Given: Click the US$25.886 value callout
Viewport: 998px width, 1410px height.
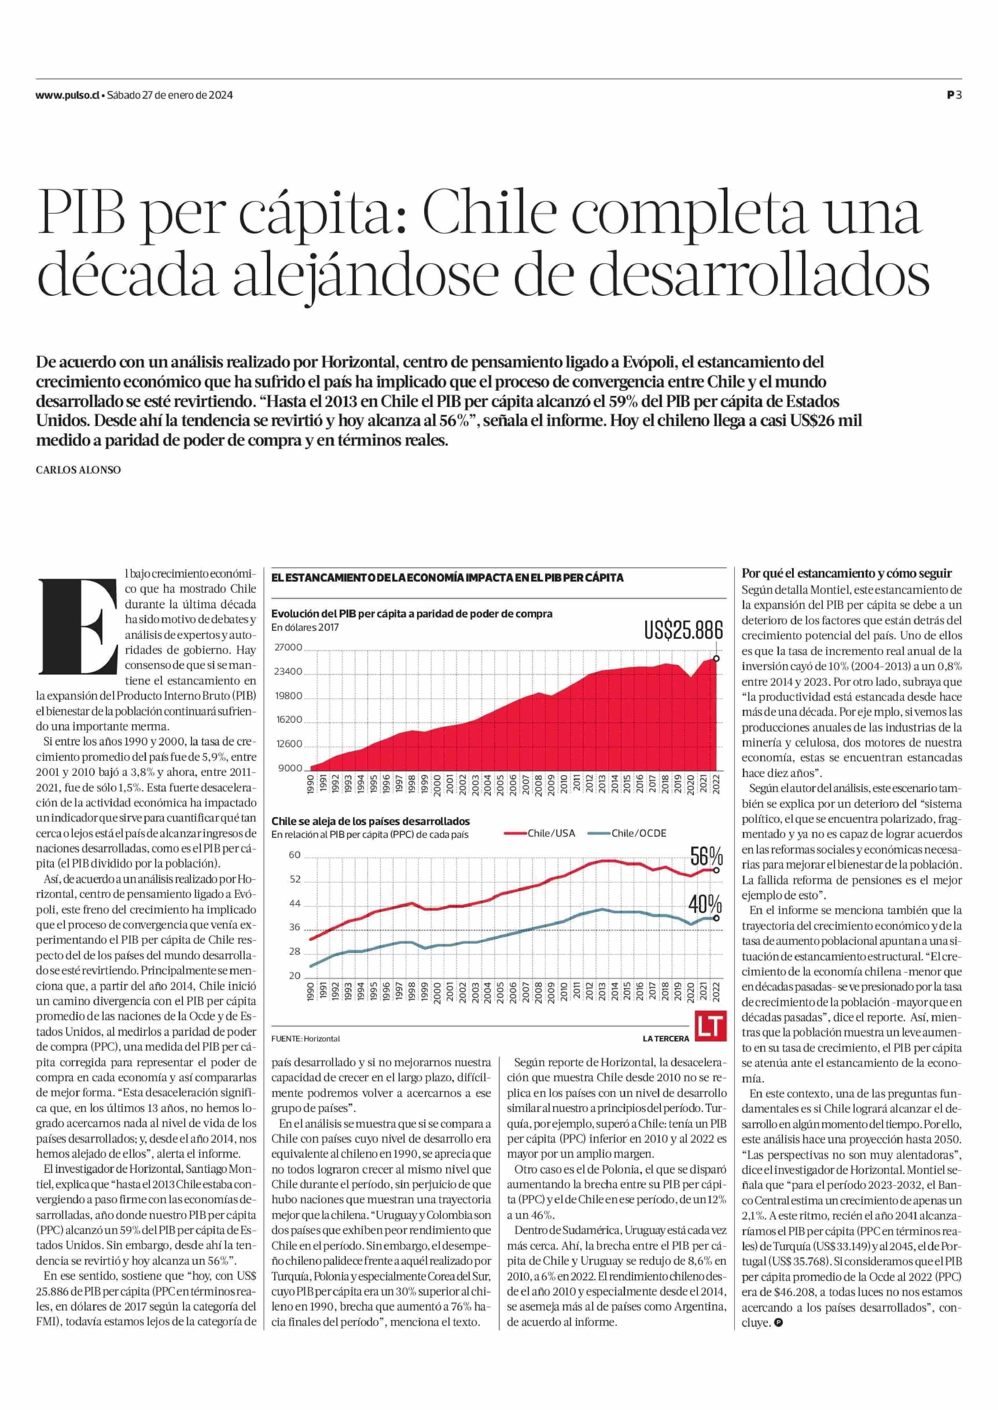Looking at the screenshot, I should click(683, 630).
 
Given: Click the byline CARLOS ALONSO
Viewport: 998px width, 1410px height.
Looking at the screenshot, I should click(78, 470).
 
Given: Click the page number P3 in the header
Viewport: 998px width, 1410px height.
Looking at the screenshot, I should click(954, 95).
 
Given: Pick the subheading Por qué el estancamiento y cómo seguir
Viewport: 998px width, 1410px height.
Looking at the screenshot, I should click(846, 573).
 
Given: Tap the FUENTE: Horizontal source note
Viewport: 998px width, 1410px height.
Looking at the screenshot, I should click(306, 1038).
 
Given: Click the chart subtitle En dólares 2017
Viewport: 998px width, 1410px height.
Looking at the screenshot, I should click(305, 627).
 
